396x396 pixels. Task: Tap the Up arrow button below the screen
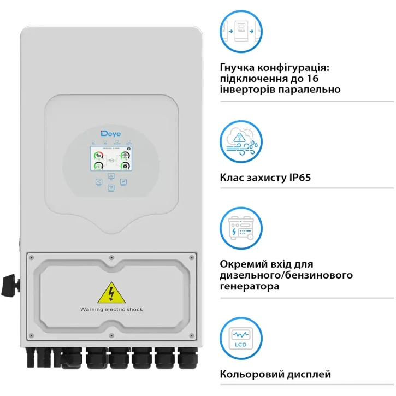[111, 176]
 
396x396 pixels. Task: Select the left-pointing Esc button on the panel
[98, 182]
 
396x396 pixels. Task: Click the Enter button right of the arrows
[123, 182]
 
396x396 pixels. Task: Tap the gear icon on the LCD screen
[128, 148]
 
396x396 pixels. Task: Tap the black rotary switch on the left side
[9, 284]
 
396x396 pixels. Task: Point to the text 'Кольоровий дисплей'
[275, 374]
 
